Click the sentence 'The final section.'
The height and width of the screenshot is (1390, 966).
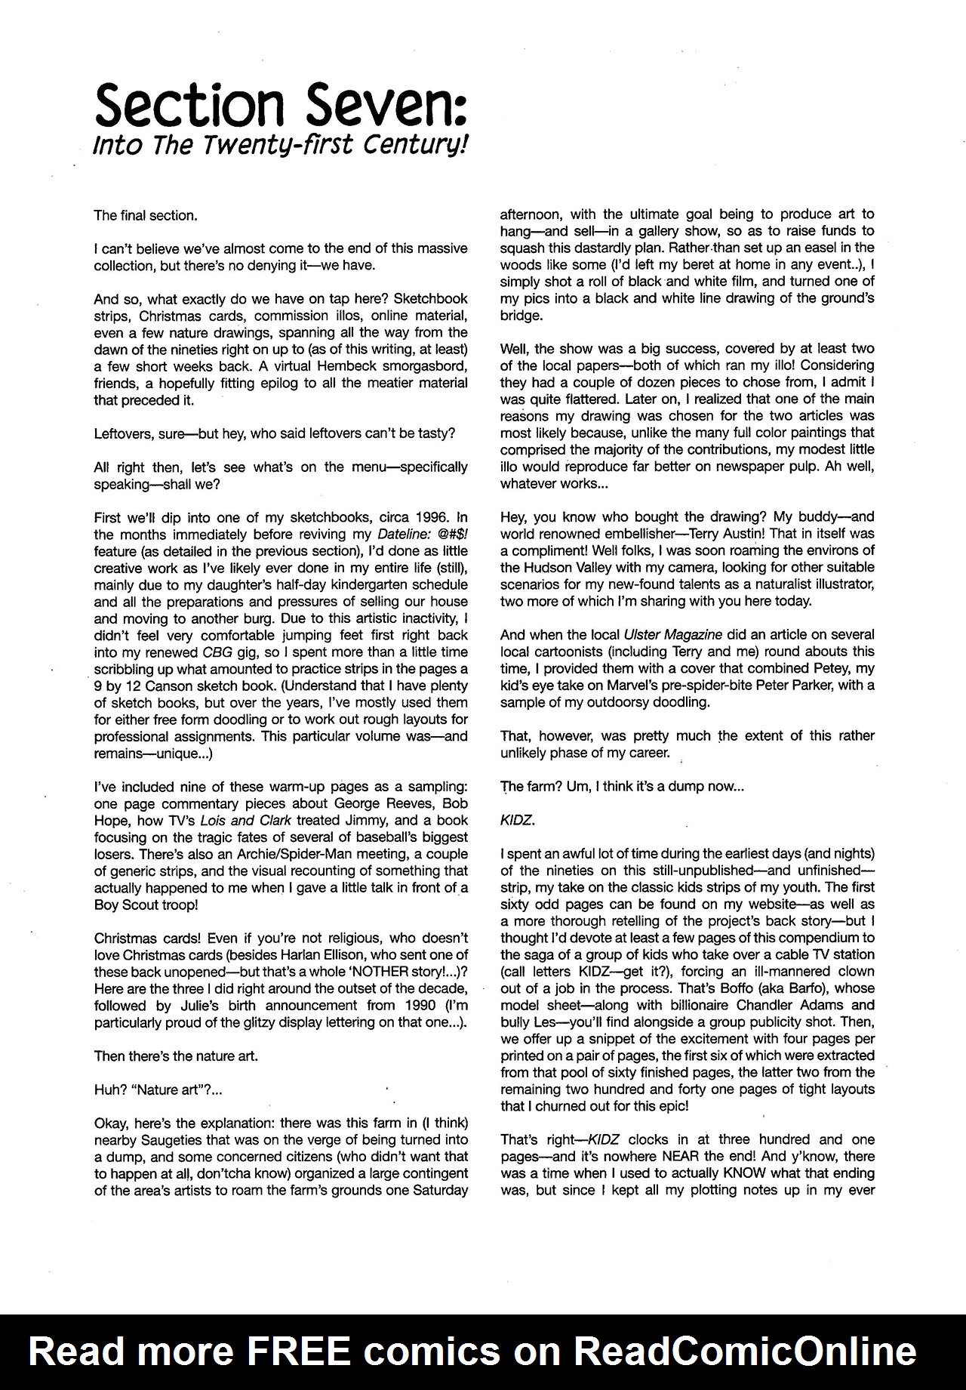(x=145, y=215)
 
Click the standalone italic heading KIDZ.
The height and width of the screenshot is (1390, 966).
(x=517, y=820)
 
